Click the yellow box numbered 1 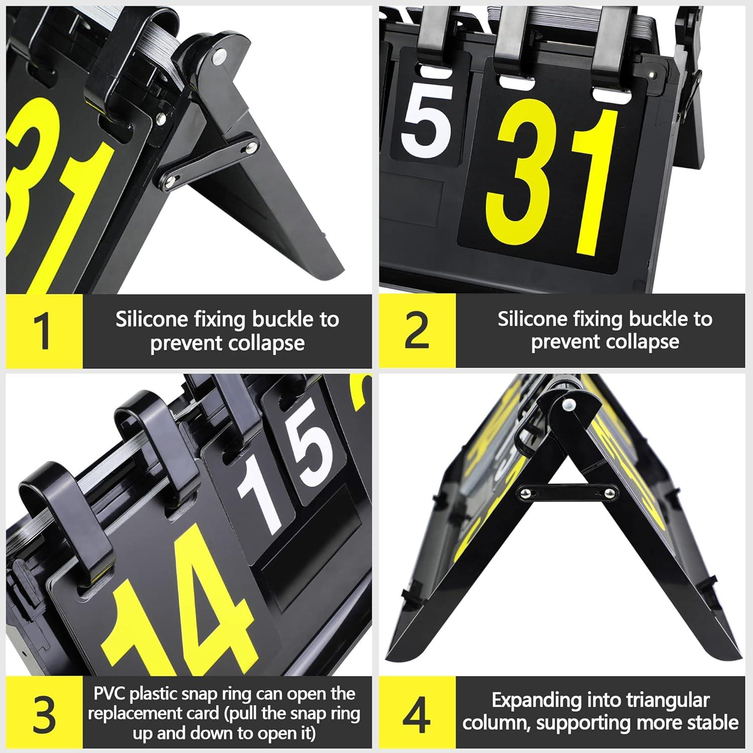click(x=44, y=331)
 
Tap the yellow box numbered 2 click(x=417, y=331)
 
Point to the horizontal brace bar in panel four click(x=567, y=492)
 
